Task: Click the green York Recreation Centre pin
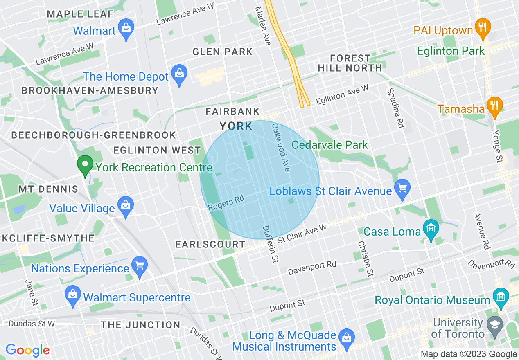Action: coord(85,166)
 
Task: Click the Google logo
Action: coord(27,350)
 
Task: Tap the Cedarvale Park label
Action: coord(329,145)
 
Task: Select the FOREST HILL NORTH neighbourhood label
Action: coord(350,63)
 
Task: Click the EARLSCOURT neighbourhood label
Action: coord(210,244)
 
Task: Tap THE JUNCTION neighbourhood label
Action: coord(140,325)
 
